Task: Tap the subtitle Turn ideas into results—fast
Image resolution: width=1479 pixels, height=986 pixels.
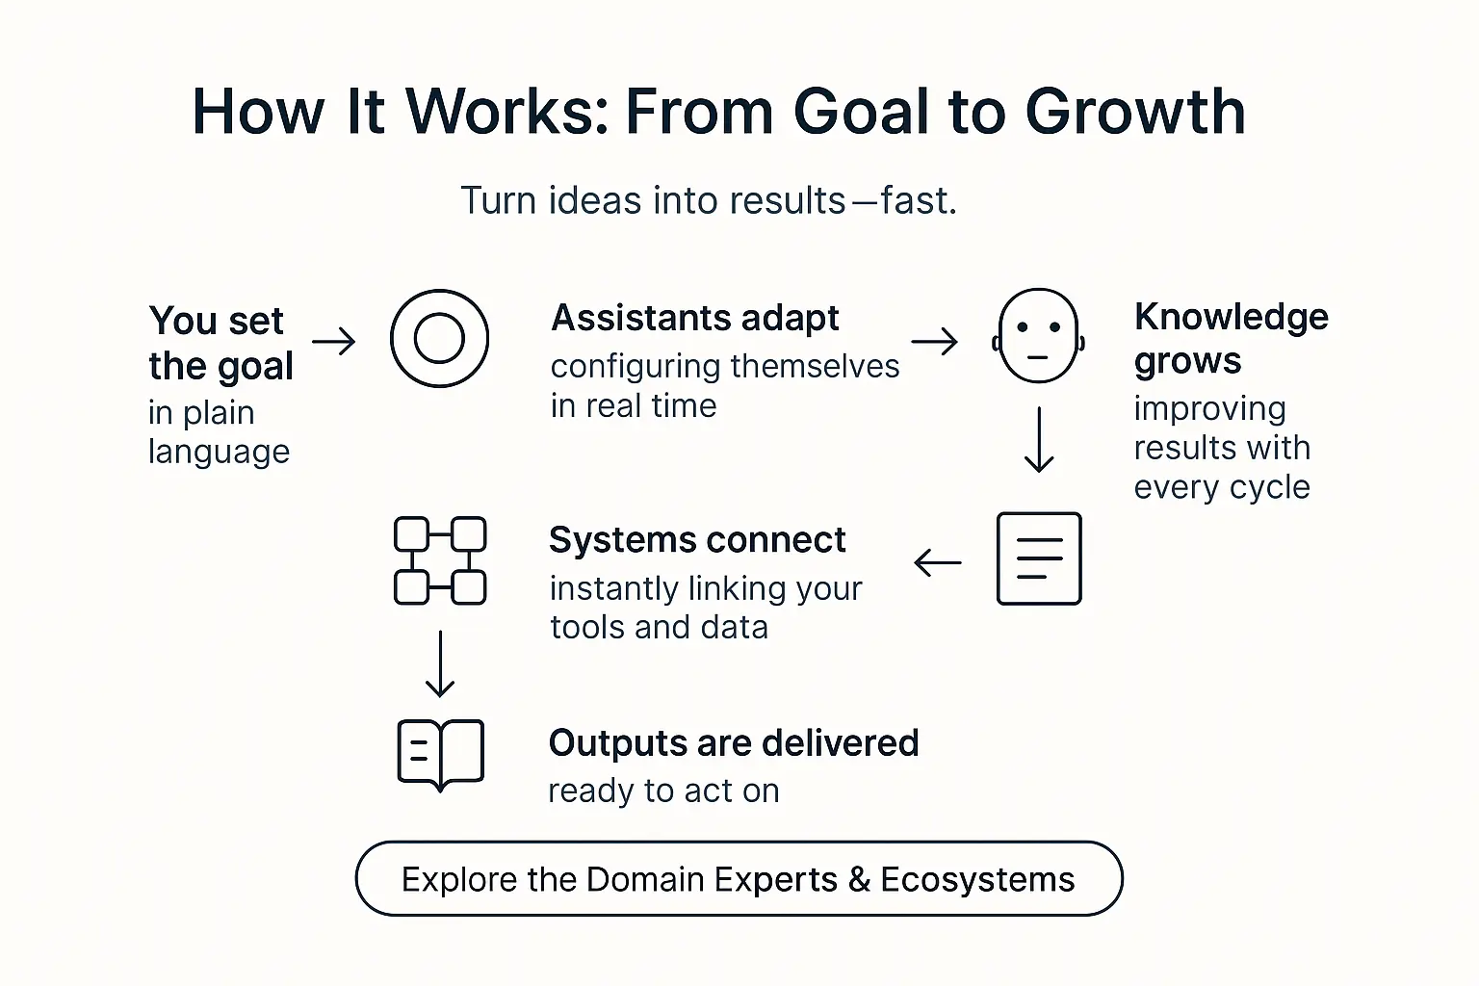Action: click(709, 200)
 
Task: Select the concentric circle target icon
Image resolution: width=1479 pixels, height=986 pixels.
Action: click(439, 338)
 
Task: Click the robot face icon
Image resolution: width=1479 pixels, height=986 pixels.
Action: click(1038, 336)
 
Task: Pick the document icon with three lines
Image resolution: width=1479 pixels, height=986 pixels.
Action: click(1039, 558)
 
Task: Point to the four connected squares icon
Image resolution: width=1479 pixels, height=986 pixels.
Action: click(440, 560)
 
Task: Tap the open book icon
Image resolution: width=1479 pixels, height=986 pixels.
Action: click(440, 754)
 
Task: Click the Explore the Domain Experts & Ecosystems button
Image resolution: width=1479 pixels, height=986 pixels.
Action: click(739, 878)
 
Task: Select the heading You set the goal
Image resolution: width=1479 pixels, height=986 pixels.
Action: click(221, 343)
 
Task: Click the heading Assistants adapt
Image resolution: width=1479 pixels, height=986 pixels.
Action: click(694, 318)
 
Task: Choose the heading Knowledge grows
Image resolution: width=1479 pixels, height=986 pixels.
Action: click(1231, 338)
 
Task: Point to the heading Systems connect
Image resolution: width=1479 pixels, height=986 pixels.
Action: click(697, 540)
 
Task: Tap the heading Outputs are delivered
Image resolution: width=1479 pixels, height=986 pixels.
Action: click(733, 742)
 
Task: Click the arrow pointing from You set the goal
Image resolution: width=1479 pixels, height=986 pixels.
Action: click(334, 341)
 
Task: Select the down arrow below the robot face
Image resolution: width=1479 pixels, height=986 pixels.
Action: click(1039, 440)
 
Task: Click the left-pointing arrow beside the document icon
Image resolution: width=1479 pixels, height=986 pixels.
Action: click(937, 562)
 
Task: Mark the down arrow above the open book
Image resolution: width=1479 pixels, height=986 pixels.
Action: click(440, 663)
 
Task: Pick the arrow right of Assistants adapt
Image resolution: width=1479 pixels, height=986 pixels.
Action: click(934, 341)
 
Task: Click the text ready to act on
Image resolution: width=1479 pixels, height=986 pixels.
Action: click(663, 791)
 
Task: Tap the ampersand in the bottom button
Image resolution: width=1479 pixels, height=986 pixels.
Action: click(859, 879)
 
